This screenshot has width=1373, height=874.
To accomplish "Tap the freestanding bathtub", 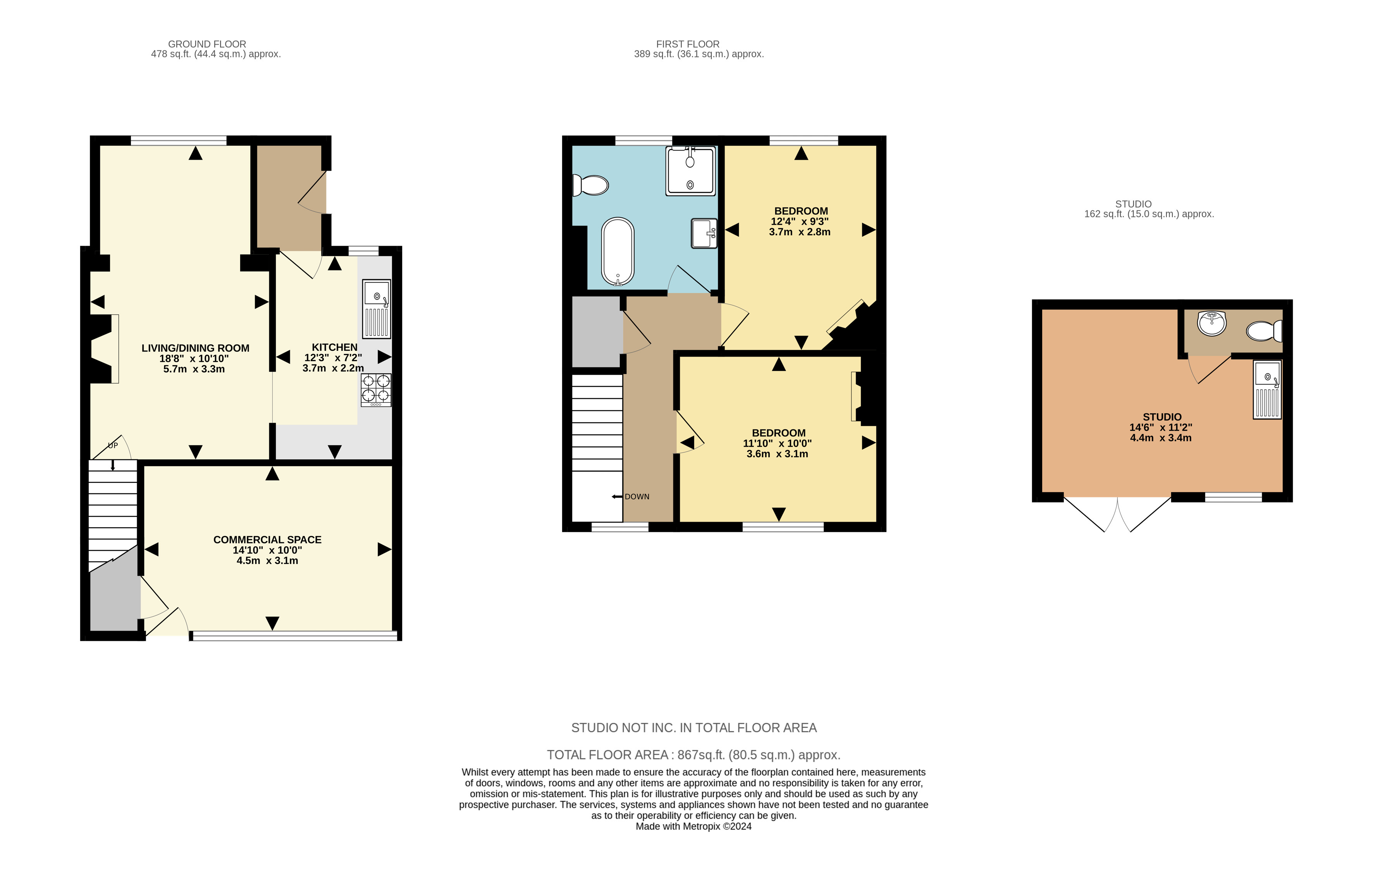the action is [618, 251].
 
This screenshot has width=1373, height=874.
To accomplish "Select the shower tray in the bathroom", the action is [690, 171].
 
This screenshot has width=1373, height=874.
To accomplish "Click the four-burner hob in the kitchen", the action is [376, 390].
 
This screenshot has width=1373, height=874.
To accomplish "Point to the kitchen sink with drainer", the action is [376, 309].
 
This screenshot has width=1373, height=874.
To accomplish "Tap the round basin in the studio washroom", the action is [1211, 324].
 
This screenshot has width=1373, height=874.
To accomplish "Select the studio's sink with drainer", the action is [1267, 390].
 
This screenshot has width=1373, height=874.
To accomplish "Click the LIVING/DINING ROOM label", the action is [196, 348].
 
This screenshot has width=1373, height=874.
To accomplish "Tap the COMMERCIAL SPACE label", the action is [267, 540].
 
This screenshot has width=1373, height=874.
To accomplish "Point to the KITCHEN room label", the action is [335, 347].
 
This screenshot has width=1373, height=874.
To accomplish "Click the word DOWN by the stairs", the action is [637, 497].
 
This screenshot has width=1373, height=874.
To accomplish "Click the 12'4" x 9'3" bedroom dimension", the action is [799, 221].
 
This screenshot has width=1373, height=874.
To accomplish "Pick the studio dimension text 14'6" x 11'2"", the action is [1161, 427].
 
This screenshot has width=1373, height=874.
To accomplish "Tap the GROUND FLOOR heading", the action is [207, 44].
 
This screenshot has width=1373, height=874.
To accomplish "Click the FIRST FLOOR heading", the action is [688, 44].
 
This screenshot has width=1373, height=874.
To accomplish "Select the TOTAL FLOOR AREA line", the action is [694, 755].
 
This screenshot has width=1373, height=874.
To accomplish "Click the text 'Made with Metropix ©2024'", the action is [693, 826].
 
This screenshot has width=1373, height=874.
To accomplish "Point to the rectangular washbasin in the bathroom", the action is [704, 233].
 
